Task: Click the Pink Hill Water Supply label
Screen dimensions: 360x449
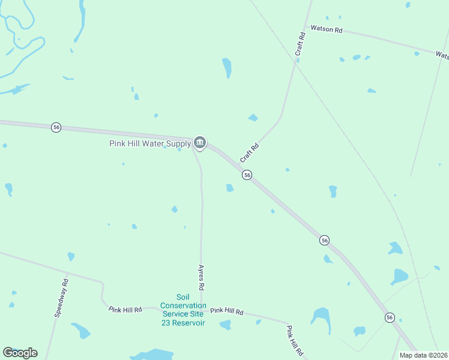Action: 149,143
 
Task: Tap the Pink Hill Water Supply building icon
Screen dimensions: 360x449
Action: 200,143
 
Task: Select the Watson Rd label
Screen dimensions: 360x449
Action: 326,29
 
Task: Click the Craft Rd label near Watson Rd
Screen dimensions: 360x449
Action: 301,44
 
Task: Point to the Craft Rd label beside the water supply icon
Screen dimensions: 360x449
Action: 249,152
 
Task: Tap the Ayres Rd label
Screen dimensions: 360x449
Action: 202,277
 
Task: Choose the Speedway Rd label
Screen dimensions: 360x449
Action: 61,298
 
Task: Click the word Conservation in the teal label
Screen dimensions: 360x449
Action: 183,305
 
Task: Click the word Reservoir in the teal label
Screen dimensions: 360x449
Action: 190,323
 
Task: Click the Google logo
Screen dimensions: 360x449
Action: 20,353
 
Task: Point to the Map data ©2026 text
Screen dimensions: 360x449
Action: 423,355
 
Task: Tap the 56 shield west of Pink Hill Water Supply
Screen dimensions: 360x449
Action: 56,127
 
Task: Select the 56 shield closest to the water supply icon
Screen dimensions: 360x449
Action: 247,175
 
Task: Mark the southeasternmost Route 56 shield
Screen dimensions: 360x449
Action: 390,317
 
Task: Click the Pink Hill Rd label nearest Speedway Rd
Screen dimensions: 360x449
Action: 125,310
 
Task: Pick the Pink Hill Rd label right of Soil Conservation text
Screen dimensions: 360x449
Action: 226,311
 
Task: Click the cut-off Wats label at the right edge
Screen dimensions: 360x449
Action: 442,55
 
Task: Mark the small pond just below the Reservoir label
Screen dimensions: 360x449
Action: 225,325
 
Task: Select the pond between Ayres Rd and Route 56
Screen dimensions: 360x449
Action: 229,188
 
